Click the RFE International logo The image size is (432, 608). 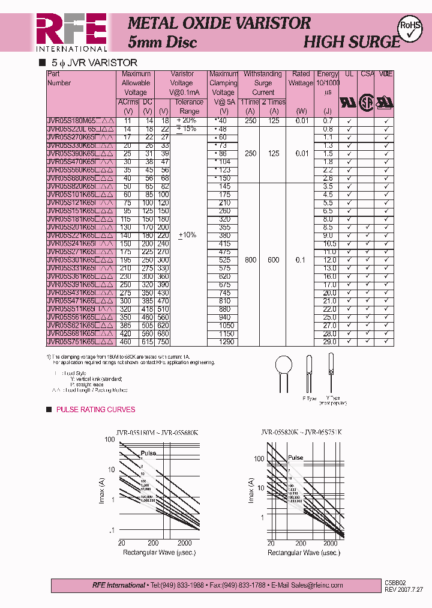click(x=71, y=32)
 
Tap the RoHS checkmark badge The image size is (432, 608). click(x=410, y=28)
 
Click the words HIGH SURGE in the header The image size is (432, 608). click(x=351, y=42)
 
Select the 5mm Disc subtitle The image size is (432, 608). click(x=163, y=42)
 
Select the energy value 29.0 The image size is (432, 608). click(x=328, y=342)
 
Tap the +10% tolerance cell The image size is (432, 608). click(x=187, y=235)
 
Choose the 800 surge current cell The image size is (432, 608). click(x=250, y=260)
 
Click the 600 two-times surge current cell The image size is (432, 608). click(x=274, y=260)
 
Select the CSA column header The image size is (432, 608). click(x=367, y=74)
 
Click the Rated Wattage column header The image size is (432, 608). click(x=301, y=79)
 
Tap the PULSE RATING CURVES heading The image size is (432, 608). click(x=95, y=410)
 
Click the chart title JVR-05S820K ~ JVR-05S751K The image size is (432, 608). click(x=301, y=432)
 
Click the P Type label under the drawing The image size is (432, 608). click(x=309, y=398)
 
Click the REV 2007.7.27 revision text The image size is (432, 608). click(x=404, y=589)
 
